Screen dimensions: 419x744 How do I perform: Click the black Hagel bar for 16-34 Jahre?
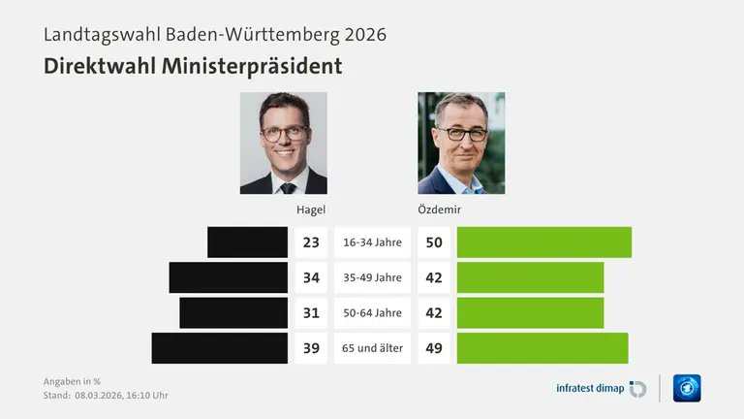(x=247, y=242)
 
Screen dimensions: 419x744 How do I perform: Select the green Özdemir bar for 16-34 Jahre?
(x=543, y=242)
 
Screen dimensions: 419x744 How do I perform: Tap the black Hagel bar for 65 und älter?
(x=219, y=347)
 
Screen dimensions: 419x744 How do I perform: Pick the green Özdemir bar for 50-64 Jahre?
(x=530, y=312)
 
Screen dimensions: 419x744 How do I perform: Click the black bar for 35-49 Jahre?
(x=228, y=277)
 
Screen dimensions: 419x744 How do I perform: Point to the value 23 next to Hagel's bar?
(x=310, y=242)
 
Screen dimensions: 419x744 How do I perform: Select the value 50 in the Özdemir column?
(x=434, y=242)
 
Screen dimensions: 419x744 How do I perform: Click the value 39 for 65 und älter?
(x=310, y=347)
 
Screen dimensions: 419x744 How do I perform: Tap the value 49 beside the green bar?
(x=434, y=347)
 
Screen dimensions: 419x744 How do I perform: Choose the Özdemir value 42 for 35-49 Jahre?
(x=434, y=277)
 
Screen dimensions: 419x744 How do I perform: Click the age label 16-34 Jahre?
(x=372, y=242)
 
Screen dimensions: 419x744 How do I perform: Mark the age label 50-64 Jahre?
(x=372, y=312)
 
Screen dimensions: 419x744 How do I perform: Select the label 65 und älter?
(x=372, y=347)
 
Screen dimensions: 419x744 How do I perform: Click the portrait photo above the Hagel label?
(x=283, y=143)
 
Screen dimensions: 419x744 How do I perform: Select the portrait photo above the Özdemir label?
(x=461, y=143)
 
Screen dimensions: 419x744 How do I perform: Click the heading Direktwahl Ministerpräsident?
(x=192, y=66)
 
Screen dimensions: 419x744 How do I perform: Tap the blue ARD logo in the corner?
(x=687, y=388)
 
